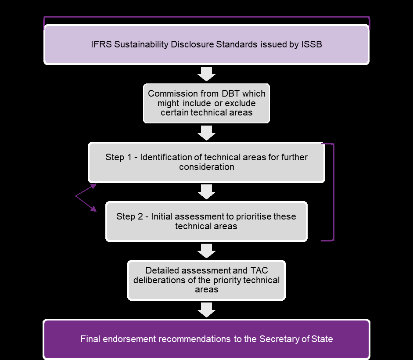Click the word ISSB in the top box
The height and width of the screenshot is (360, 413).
pyautogui.click(x=312, y=44)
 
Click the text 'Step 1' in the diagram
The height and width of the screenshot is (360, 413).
pyautogui.click(x=118, y=157)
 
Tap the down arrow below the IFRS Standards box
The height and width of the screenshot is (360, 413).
pyautogui.click(x=206, y=73)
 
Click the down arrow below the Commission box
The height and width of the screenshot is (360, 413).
pyautogui.click(x=206, y=133)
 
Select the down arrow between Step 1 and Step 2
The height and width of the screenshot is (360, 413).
pyautogui.click(x=206, y=192)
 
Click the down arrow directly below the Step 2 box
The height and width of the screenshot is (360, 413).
pyautogui.click(x=206, y=251)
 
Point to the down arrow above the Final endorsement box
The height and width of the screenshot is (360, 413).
pyautogui.click(x=206, y=310)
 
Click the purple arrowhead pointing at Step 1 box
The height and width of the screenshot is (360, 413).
pyautogui.click(x=93, y=186)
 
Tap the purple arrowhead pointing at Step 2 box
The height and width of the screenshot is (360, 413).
pyautogui.click(x=93, y=209)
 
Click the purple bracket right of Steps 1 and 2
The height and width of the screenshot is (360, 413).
pyautogui.click(x=333, y=192)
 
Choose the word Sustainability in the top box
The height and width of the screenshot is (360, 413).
pyautogui.click(x=144, y=44)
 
